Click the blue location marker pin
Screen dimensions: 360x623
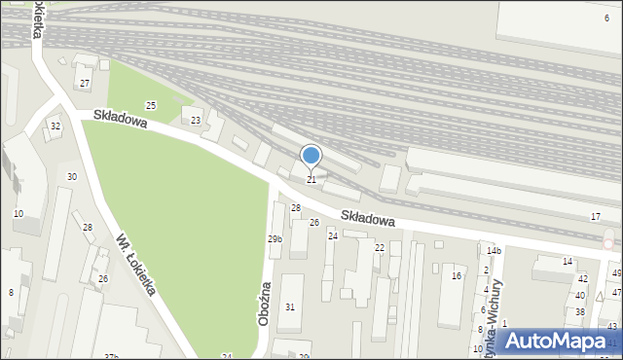pos(311,156)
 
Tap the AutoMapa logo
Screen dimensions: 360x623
pos(552,342)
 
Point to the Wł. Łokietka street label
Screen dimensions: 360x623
pos(135,264)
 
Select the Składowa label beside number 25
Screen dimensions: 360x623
pos(120,120)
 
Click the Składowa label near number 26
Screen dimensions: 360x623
pos(368,217)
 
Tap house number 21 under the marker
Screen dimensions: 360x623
pos(311,180)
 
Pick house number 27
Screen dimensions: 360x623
pos(85,84)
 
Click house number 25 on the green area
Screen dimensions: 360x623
pos(151,105)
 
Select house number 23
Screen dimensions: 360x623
pos(196,121)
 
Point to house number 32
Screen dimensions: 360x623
pos(55,126)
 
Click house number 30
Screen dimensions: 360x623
pos(71,176)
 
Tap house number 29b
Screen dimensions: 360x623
pos(275,238)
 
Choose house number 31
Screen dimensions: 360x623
pos(289,307)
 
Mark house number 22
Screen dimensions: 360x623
pos(380,248)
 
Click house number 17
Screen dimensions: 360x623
pos(595,215)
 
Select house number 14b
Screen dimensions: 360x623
pos(494,251)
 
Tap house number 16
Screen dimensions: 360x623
pos(456,276)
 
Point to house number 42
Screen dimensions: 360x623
pos(582,279)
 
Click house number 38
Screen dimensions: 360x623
pos(580,312)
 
